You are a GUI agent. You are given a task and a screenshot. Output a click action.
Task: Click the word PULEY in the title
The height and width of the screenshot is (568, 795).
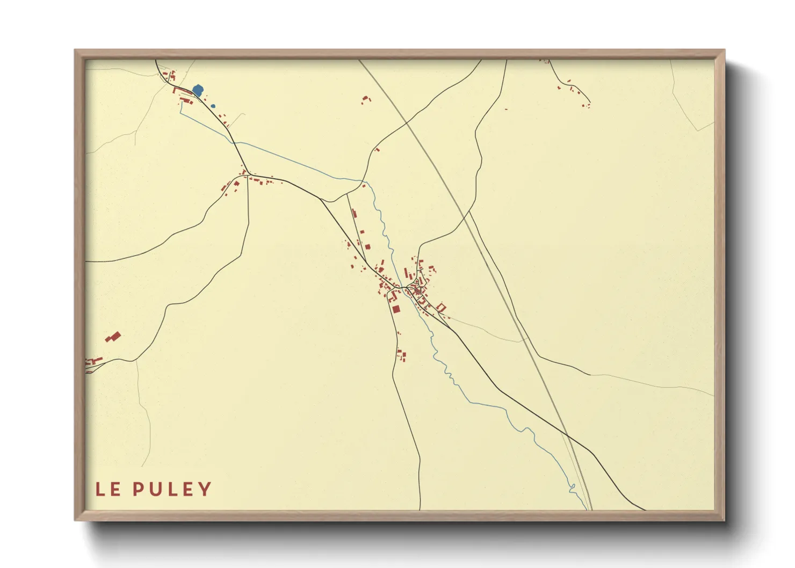tap(172, 489)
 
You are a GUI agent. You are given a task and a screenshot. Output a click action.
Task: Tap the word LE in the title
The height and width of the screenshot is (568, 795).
tap(108, 489)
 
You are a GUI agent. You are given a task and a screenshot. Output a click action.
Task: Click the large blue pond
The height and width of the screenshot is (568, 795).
tap(198, 90)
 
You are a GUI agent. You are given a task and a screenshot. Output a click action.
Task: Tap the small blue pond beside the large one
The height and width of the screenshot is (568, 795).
tap(213, 106)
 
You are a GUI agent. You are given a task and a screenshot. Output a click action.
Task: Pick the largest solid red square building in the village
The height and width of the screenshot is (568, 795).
tap(396, 309)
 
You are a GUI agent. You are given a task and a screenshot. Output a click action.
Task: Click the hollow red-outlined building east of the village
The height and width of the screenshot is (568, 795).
tap(442, 307)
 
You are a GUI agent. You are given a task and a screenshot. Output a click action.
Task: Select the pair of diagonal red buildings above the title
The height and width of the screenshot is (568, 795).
tap(113, 337)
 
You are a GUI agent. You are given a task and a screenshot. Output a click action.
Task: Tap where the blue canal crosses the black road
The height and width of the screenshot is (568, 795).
tap(233, 141)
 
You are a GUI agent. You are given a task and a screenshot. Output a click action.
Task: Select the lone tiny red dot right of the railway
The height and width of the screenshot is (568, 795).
tap(506, 109)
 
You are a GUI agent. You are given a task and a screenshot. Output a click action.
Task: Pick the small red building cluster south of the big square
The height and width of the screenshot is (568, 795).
tap(401, 355)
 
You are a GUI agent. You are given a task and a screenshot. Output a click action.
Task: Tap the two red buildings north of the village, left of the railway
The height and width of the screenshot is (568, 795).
tap(366, 99)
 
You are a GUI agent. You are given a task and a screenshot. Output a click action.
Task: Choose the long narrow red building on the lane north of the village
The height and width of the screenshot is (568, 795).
tap(353, 214)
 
